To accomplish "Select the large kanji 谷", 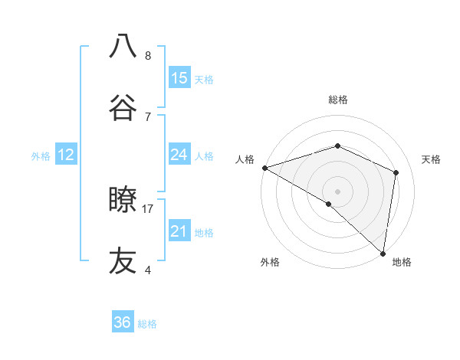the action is click(123, 106).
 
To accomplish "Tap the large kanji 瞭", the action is click(123, 200).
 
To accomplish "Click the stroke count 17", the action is click(148, 208).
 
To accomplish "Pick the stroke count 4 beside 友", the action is click(148, 269).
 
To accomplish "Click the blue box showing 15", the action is click(179, 78).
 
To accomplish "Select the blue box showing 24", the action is click(179, 155).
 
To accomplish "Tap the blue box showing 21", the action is click(179, 231).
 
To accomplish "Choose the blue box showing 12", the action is click(66, 155).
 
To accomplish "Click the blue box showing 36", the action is click(123, 322).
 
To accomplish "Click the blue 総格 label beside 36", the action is click(147, 324).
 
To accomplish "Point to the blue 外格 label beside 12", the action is click(41, 156).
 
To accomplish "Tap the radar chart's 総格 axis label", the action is click(338, 100).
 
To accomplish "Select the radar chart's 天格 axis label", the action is click(432, 159).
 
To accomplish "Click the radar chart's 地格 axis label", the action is click(402, 262).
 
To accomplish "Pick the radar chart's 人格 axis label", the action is click(245, 159).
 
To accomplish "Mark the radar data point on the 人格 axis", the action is click(264, 167).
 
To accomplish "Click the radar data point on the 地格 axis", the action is click(383, 252).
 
